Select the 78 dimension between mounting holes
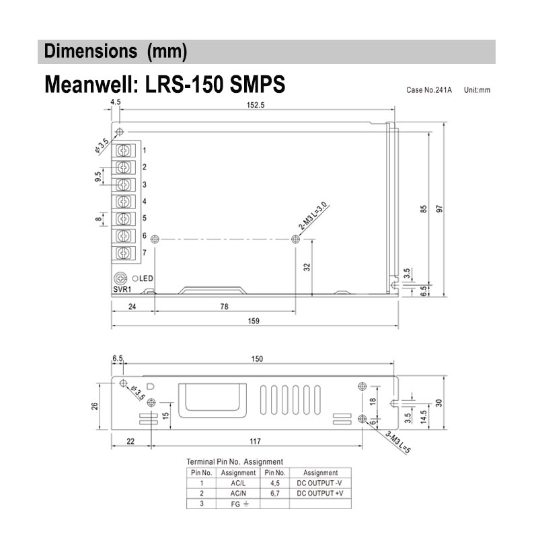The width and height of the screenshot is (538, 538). (x=225, y=307)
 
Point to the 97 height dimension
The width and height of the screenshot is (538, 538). (x=440, y=209)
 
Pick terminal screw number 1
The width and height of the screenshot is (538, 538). (x=124, y=150)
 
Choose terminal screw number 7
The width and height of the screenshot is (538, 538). (x=124, y=253)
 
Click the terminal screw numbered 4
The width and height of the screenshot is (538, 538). (x=124, y=201)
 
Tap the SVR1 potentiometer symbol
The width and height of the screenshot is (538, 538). (x=122, y=278)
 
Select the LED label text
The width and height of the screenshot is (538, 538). (x=147, y=278)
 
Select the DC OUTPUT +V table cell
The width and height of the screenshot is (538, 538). (x=320, y=493)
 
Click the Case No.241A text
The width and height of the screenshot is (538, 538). (x=429, y=89)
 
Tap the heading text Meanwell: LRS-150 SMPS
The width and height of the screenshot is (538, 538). (x=165, y=85)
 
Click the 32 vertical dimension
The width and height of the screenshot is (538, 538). (x=307, y=266)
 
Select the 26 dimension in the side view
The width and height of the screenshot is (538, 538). (x=95, y=406)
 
